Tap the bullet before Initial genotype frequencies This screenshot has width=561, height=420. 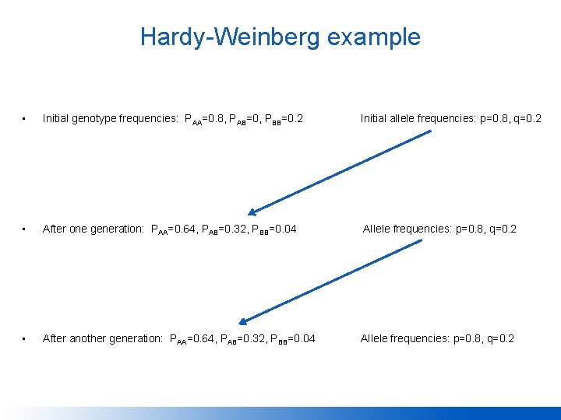[x=25, y=119]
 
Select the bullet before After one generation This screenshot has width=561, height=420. [x=25, y=229]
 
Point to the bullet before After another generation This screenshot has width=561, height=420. [x=25, y=339]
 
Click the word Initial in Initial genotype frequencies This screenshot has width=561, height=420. [x=55, y=119]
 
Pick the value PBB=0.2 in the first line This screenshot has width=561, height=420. [x=284, y=119]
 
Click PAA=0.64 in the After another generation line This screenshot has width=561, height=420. [x=189, y=339]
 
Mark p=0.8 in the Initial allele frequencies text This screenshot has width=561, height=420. [x=487, y=119]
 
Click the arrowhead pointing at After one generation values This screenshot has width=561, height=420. [x=253, y=212]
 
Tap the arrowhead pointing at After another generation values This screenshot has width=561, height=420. [x=243, y=321]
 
